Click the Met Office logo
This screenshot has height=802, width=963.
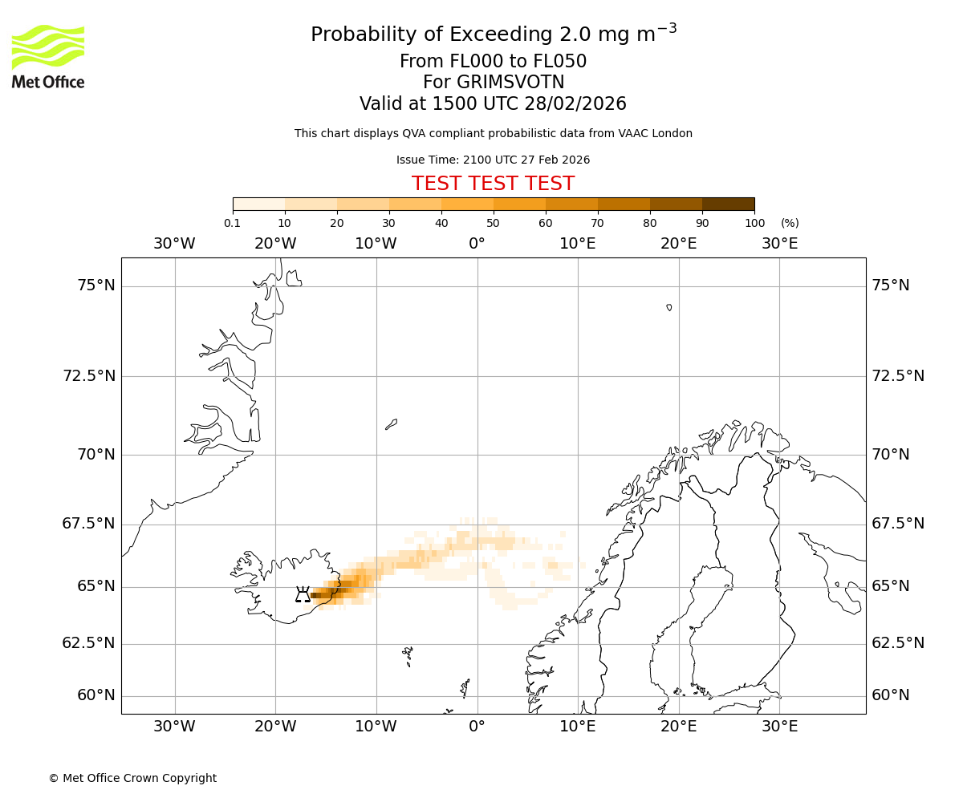pyautogui.click(x=48, y=56)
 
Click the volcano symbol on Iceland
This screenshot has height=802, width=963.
pyautogui.click(x=303, y=594)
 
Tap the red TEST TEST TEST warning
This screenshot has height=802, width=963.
pyautogui.click(x=493, y=184)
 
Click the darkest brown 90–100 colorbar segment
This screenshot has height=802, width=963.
pyautogui.click(x=728, y=205)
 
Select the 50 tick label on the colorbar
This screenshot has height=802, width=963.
pyautogui.click(x=494, y=223)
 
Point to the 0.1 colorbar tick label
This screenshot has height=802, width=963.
pyautogui.click(x=233, y=223)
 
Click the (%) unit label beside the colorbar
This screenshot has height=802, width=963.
pyautogui.click(x=790, y=223)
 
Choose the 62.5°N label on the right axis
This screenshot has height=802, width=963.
pyautogui.click(x=898, y=643)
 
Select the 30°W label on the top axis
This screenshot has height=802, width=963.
pyautogui.click(x=174, y=243)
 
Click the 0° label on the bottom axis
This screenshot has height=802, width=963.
pyautogui.click(x=477, y=727)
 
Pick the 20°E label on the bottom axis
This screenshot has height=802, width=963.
pyautogui.click(x=679, y=727)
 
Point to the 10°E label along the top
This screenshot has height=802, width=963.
pyautogui.click(x=578, y=243)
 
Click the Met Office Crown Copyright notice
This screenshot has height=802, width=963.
pyautogui.click(x=132, y=778)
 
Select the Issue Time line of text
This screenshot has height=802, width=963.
pyautogui.click(x=493, y=160)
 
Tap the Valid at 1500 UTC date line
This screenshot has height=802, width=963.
pyautogui.click(x=493, y=104)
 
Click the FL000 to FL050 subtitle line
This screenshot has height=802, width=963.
pyautogui.click(x=493, y=62)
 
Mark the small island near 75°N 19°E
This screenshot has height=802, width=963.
pyautogui.click(x=669, y=307)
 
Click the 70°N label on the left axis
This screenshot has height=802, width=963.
pyautogui.click(x=96, y=455)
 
